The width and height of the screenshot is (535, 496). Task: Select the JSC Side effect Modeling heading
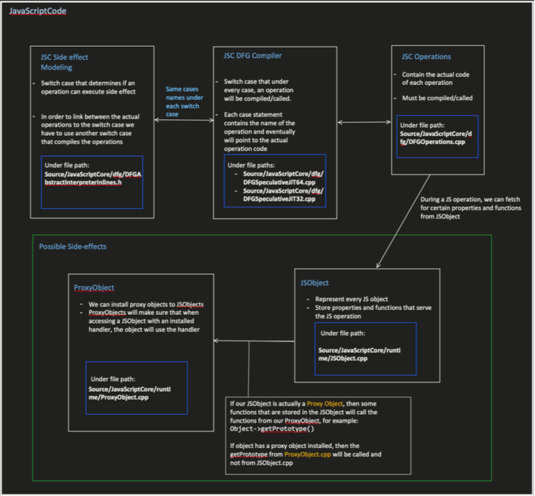coord(65,61)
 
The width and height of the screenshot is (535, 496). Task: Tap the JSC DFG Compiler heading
coord(254,56)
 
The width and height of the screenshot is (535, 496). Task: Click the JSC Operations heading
coord(426,56)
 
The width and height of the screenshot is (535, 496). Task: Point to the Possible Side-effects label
coord(72,247)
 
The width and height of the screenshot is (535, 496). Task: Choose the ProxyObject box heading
coord(94,287)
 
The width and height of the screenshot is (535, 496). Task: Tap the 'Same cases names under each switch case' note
coord(185,101)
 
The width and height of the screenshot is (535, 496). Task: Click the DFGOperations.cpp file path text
coord(437,138)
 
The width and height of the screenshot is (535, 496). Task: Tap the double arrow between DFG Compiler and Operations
coord(364,123)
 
